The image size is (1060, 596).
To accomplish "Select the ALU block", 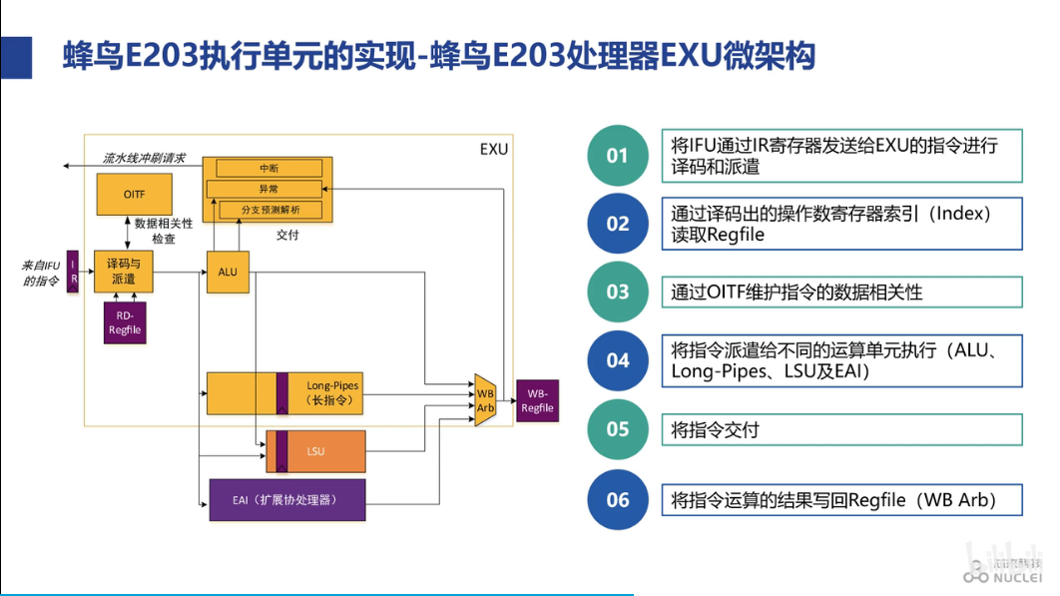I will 228,272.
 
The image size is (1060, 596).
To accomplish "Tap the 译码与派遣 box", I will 124,271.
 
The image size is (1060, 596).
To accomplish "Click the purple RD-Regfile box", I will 125,322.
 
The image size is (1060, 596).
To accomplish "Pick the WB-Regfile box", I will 537,400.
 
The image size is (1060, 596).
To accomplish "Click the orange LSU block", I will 315,452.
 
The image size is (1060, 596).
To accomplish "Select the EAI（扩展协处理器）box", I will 286,499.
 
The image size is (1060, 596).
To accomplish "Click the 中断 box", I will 268,168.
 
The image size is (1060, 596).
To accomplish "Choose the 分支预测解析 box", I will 268,210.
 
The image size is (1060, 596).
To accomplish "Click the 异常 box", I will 268,189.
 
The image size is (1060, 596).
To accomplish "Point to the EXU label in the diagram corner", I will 493,150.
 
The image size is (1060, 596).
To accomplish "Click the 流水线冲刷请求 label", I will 144,158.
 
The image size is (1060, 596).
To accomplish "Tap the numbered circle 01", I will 618,156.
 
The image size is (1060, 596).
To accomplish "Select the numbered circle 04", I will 618,360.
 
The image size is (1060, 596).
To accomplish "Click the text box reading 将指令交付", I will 841,429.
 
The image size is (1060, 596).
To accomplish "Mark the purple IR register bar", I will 72,271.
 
